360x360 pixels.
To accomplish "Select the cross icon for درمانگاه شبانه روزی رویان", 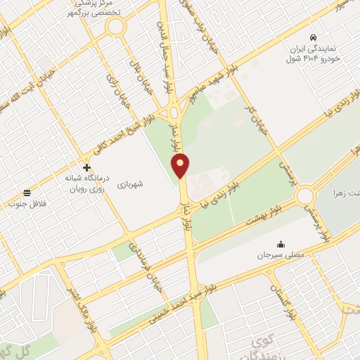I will (x=86, y=167).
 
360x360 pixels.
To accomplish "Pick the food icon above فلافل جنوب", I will (x=27, y=193).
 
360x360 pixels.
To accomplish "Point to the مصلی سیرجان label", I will (x=281, y=256).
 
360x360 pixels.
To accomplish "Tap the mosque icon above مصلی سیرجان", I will (x=281, y=244).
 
